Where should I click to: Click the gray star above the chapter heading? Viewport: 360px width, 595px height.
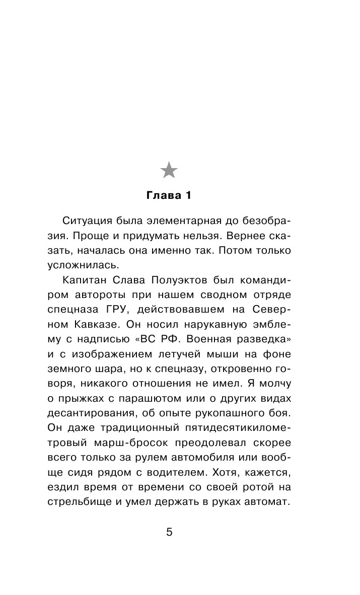tap(169, 171)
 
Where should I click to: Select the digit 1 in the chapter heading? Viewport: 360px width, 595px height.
tap(188, 195)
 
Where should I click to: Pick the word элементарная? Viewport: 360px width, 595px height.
tap(184, 221)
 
